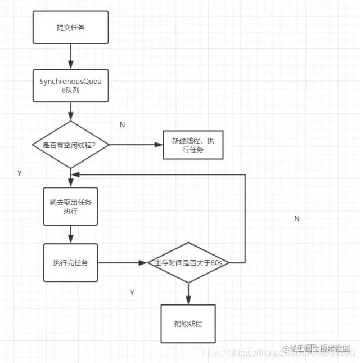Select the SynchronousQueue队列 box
point(70,86)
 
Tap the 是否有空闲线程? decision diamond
point(70,145)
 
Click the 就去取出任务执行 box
point(70,207)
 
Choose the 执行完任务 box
point(70,262)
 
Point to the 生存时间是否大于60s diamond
point(188,263)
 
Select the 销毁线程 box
point(188,324)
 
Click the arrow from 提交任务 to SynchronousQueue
point(70,56)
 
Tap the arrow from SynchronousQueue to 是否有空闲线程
point(70,111)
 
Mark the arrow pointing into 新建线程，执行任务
point(135,145)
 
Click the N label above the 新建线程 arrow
point(122,124)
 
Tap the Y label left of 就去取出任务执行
point(20,173)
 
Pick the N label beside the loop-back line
point(296,218)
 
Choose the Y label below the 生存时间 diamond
point(132,293)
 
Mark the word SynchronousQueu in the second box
point(70,82)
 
